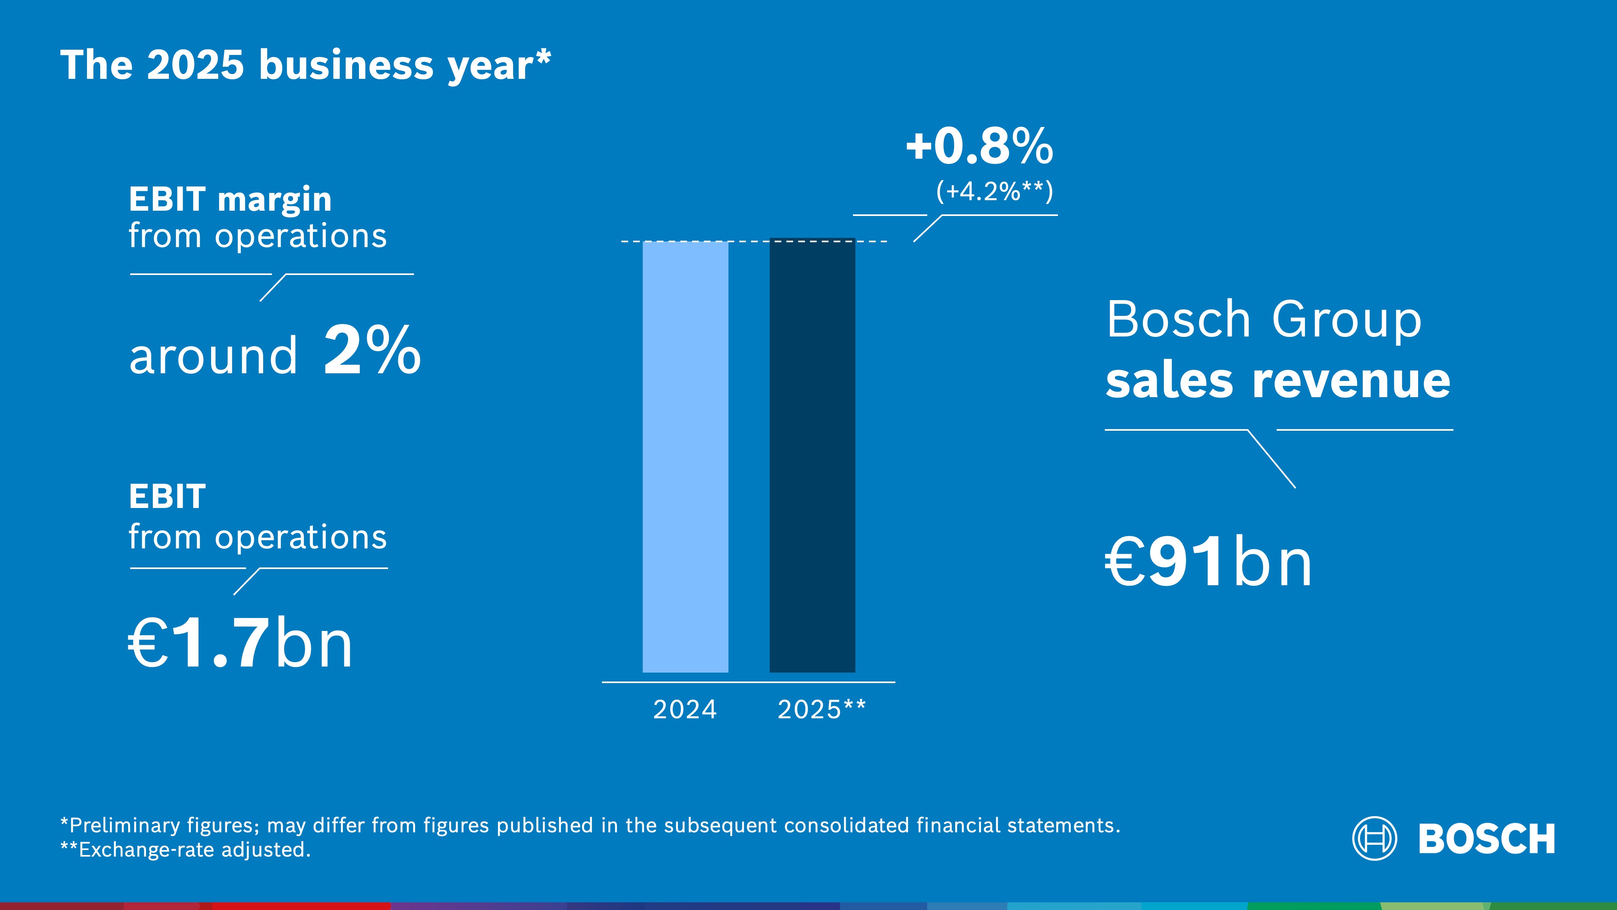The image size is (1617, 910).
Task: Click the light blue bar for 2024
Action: tap(686, 457)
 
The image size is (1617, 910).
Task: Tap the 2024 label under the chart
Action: tap(685, 710)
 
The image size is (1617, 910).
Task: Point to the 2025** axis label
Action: tap(821, 710)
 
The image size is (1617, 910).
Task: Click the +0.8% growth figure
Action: tap(979, 146)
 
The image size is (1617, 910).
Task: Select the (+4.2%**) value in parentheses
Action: tap(994, 191)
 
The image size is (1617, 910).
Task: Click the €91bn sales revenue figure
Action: tap(1208, 563)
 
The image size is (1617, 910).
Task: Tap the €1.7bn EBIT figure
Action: tap(241, 643)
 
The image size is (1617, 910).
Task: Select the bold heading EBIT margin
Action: tap(230, 200)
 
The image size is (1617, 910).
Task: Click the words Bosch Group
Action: tap(1264, 319)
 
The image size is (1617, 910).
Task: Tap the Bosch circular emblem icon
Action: tap(1374, 838)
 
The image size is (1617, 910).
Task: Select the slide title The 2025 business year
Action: tap(306, 65)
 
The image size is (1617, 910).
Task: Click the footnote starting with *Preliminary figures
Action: tap(590, 825)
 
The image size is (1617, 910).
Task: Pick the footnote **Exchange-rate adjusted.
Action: tap(186, 850)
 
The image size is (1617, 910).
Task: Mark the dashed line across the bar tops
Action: tap(753, 241)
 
